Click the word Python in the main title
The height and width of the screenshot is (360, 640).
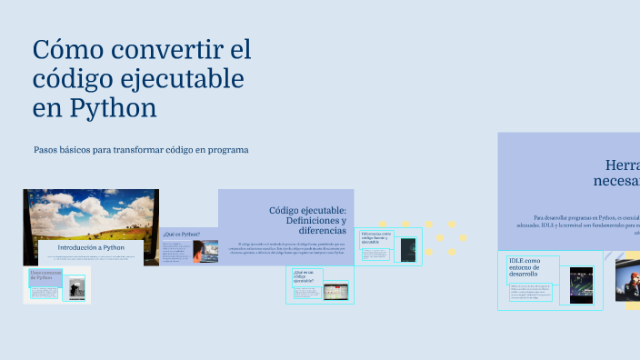[x=110, y=108]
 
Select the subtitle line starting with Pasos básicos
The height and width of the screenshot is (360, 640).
[x=141, y=149]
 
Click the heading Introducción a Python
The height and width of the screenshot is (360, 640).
[x=91, y=247]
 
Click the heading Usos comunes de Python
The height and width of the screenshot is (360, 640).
[x=44, y=276]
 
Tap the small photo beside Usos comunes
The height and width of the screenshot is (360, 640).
[x=76, y=289]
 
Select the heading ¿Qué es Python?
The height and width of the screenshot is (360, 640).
[x=182, y=234]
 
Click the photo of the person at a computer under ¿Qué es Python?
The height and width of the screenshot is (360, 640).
[x=205, y=252]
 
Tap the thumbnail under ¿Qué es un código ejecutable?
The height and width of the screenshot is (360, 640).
[x=334, y=293]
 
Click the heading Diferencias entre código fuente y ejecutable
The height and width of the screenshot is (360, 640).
[x=375, y=238]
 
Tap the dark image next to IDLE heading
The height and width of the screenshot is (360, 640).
[x=582, y=284]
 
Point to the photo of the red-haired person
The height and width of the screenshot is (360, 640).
[x=628, y=278]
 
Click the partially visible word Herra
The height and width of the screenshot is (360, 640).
[x=622, y=165]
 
